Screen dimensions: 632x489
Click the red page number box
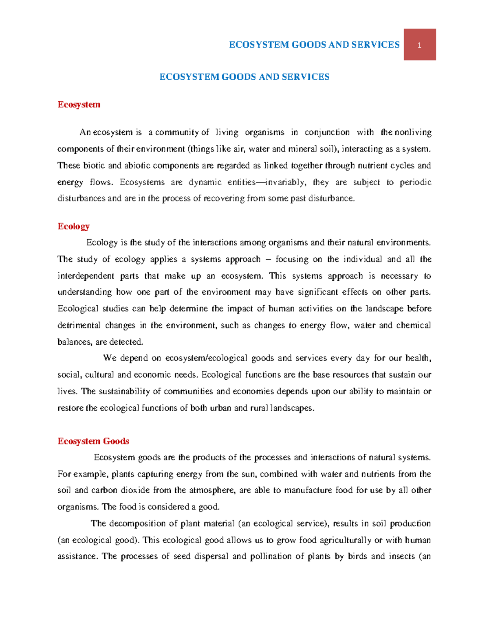419,45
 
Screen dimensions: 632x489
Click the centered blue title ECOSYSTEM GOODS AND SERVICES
244,77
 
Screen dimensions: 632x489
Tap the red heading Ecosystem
79,105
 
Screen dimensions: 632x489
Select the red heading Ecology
73,226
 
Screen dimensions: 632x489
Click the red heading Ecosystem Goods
93,441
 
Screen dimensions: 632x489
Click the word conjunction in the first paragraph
327,132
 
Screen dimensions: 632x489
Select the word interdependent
86,276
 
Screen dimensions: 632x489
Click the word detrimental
79,326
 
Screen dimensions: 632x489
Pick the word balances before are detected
75,342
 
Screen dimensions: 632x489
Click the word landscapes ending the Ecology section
293,408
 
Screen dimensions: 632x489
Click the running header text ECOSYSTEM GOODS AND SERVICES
314,45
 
